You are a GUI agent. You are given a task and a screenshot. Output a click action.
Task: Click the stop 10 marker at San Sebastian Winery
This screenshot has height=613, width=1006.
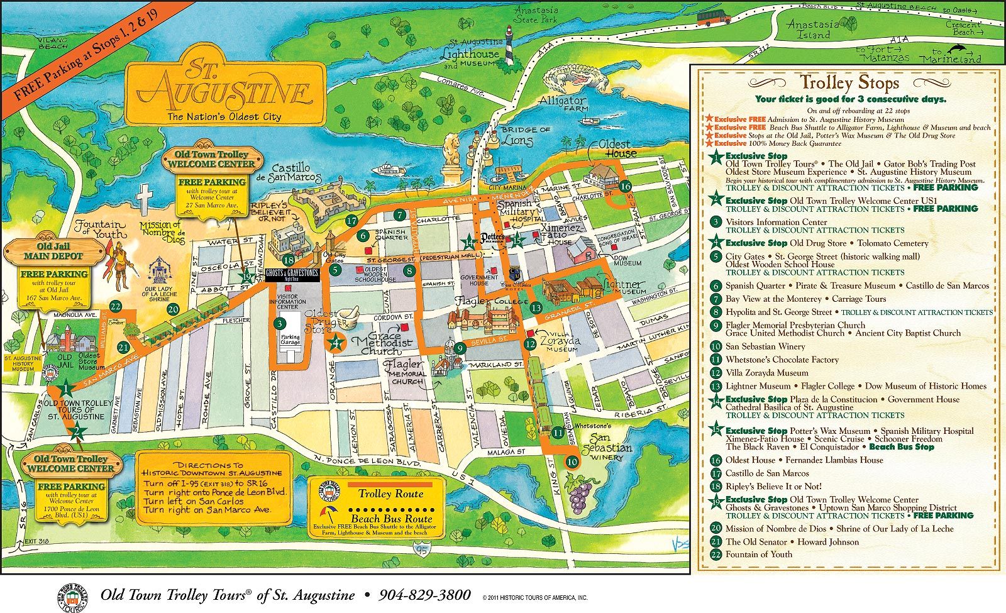pos(572,461)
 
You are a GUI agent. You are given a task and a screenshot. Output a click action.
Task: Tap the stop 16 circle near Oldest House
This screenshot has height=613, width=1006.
pos(624,186)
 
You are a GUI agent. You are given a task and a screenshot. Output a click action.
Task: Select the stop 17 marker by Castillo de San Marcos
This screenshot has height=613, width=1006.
pos(351,221)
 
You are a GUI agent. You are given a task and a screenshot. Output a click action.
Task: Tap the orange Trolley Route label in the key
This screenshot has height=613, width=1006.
pos(390,494)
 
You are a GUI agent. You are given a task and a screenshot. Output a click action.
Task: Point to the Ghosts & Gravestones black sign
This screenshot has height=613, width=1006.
pos(292,274)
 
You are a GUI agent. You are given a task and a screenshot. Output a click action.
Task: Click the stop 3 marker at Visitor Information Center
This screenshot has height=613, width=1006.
pos(277,324)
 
